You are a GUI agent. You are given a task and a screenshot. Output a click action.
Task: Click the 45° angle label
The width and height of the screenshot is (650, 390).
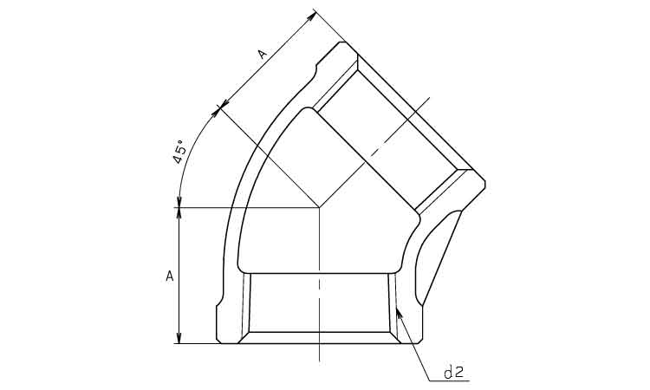pyautogui.click(x=179, y=153)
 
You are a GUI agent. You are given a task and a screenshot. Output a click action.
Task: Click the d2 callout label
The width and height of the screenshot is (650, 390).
pyautogui.click(x=453, y=373)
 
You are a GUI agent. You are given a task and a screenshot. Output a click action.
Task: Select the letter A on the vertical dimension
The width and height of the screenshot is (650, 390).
pyautogui.click(x=170, y=276)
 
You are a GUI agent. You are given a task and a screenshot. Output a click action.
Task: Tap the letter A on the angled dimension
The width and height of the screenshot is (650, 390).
pyautogui.click(x=262, y=55)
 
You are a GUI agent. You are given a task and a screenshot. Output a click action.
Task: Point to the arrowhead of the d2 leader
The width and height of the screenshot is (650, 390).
pyautogui.click(x=399, y=313)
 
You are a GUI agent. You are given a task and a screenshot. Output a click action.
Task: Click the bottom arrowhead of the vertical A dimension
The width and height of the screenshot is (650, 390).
pyautogui.click(x=179, y=337)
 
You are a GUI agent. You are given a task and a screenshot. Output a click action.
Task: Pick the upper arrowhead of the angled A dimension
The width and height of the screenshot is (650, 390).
pyautogui.click(x=311, y=16)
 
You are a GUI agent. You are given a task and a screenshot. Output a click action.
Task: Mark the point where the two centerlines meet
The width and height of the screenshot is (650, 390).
pyautogui.click(x=319, y=207)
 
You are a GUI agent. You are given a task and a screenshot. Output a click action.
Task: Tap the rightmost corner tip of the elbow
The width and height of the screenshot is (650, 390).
pyautogui.click(x=485, y=183)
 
